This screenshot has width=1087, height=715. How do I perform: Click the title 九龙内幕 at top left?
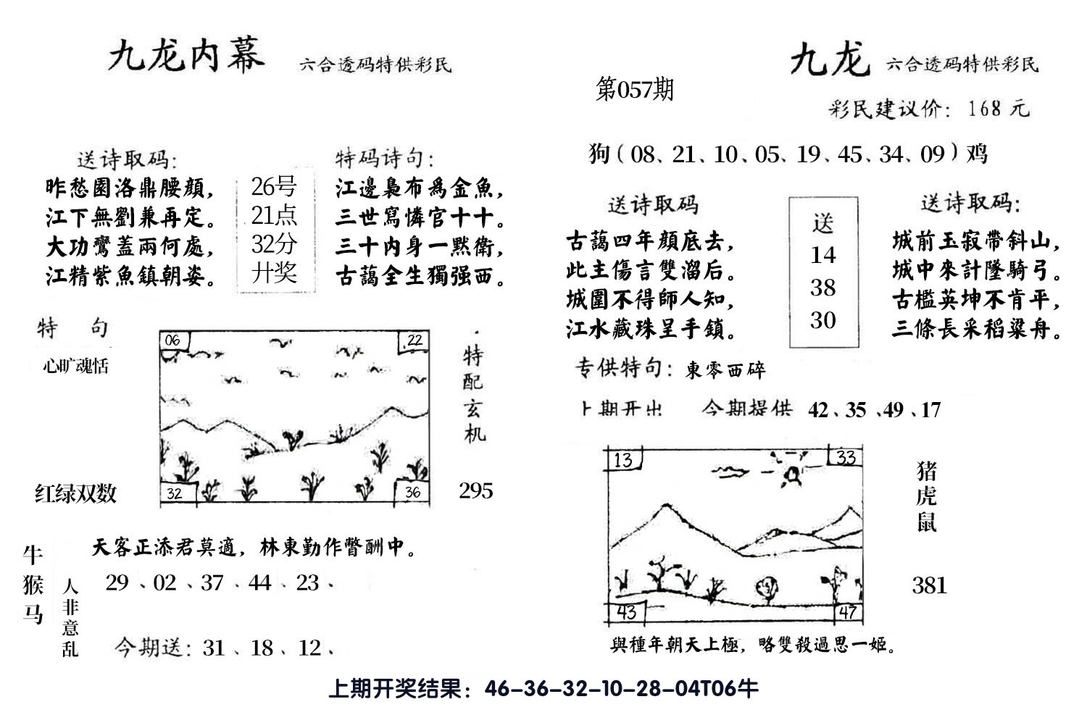point(186,57)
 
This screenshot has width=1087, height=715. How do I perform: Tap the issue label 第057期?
point(634,89)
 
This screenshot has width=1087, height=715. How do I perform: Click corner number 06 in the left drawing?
point(172,340)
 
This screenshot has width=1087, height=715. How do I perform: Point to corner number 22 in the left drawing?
point(414,340)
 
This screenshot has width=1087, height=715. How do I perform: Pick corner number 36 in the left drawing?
point(412,493)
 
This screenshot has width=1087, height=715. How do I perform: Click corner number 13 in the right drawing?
point(622,459)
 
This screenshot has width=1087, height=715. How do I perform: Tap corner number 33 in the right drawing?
point(846,457)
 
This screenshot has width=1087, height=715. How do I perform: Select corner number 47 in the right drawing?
point(847,613)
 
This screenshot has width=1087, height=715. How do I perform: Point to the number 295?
point(476,491)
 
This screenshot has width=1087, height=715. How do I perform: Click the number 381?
point(930,585)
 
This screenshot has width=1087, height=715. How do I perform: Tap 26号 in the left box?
point(273,188)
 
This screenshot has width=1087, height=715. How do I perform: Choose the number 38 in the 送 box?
point(822,288)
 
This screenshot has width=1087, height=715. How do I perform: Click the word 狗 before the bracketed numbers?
point(599,154)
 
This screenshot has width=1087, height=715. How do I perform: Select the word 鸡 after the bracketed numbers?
point(978,154)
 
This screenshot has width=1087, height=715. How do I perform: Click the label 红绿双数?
point(75,494)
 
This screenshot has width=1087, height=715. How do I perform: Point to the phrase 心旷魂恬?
point(75,366)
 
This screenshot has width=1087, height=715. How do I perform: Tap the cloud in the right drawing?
point(730,472)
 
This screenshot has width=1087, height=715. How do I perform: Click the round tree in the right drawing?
point(766,588)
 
